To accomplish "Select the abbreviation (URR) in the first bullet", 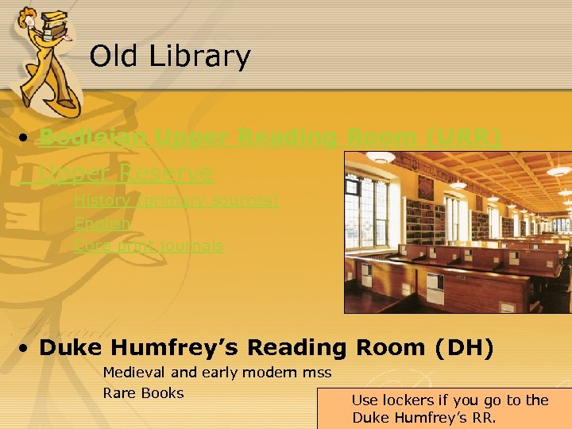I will (463, 138).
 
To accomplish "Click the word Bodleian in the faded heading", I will (92, 138).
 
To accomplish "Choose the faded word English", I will (102, 223).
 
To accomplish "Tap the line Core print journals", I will (149, 245).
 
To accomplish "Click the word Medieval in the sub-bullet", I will (132, 372).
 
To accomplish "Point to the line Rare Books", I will (143, 392).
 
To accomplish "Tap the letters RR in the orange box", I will (484, 418).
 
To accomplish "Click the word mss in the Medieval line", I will (316, 372).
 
